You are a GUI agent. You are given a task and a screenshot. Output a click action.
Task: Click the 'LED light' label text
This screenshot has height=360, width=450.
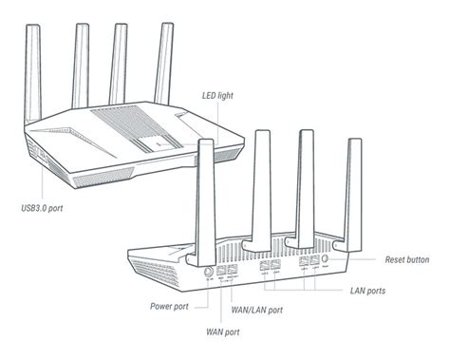click(217, 95)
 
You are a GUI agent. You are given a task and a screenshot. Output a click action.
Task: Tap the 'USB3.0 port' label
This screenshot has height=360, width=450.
click(42, 208)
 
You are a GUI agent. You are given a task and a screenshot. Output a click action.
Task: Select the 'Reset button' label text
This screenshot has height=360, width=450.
click(407, 259)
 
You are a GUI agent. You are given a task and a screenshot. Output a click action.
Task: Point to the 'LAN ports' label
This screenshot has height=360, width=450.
click(367, 291)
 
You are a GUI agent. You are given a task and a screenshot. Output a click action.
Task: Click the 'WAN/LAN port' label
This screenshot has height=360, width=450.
click(257, 310)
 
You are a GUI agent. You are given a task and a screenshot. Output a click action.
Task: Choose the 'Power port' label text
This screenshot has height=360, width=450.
click(169, 307)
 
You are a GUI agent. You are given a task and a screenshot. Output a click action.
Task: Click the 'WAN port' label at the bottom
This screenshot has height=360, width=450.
click(223, 332)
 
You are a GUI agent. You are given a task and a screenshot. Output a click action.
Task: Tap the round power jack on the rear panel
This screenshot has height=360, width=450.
click(208, 272)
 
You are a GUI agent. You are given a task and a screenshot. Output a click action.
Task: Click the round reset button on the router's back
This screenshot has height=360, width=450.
click(325, 258)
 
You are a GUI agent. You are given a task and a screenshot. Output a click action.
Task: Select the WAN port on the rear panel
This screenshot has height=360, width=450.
click(221, 270)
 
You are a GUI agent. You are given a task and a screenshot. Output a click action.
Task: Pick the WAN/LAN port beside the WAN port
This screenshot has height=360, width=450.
click(233, 269)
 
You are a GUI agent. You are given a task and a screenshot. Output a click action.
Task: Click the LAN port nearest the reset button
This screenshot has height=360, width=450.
click(315, 260)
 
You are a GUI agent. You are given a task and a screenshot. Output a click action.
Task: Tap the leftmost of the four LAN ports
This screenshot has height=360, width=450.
click(264, 265)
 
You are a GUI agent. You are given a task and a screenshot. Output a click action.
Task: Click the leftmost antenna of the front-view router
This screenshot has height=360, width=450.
click(33, 74)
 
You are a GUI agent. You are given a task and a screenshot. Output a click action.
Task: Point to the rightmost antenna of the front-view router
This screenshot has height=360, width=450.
click(164, 64)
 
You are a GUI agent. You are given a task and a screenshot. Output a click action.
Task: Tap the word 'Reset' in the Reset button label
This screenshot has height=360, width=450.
click(394, 259)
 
